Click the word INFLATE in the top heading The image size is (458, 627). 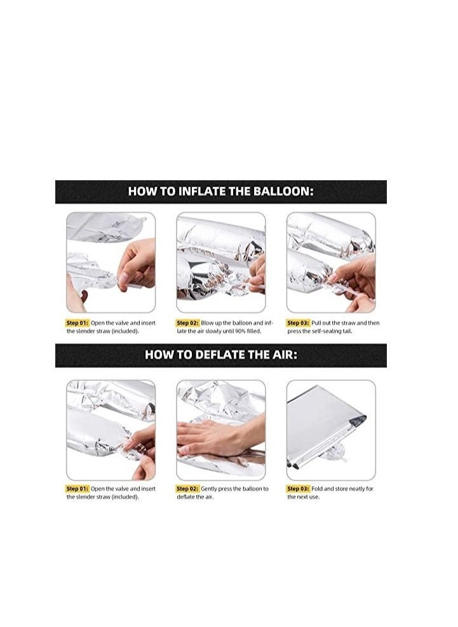click(x=202, y=191)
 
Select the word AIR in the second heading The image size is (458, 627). click(x=285, y=355)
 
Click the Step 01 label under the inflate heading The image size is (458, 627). click(x=77, y=323)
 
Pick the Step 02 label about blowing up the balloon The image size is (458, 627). click(x=187, y=323)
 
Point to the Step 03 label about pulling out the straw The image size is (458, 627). click(x=298, y=323)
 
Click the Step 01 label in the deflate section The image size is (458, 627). click(x=77, y=489)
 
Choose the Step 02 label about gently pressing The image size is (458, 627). click(x=187, y=489)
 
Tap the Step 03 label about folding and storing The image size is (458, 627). click(x=298, y=489)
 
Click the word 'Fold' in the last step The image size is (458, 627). click(x=317, y=489)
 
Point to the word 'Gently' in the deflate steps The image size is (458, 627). click(x=208, y=489)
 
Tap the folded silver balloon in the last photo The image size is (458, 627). click(x=325, y=426)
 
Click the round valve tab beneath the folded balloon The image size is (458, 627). click(x=333, y=452)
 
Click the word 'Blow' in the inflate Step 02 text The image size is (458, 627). click(x=206, y=323)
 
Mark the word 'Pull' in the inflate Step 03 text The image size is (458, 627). click(x=316, y=323)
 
